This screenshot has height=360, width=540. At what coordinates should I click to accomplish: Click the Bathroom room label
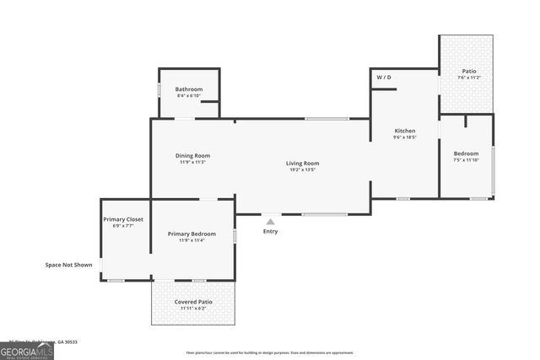tap(189, 89)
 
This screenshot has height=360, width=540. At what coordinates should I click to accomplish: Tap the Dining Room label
tap(192, 155)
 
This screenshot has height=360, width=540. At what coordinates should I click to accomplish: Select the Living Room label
tap(302, 163)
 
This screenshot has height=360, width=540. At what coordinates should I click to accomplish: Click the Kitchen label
tap(405, 131)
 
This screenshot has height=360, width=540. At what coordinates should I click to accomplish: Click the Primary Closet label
tap(123, 219)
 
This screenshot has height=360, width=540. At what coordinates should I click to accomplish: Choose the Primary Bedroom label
tap(192, 234)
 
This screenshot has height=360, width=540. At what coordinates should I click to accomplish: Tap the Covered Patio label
tap(193, 301)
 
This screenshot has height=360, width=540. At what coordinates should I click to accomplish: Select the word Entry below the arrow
tap(270, 231)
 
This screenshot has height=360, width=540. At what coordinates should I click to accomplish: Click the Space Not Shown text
tap(69, 265)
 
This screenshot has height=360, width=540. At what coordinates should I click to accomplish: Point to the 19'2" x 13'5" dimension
tap(301, 170)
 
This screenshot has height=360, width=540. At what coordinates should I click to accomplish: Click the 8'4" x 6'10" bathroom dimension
tap(189, 95)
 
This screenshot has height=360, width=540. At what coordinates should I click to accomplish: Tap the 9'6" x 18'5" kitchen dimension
tap(405, 137)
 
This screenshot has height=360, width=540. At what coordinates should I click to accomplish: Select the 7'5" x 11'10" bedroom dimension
tap(466, 160)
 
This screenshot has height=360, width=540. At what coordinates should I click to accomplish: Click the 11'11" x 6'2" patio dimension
tap(193, 309)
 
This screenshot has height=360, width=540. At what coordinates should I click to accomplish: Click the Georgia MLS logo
tap(27, 350)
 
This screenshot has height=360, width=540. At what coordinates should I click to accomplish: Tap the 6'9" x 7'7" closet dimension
tap(123, 226)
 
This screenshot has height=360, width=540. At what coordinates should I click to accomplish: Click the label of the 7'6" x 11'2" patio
tap(466, 71)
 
